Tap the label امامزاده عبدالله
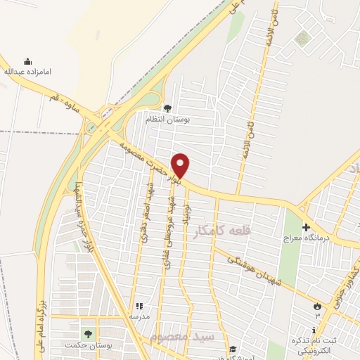28,72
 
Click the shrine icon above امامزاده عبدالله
28,61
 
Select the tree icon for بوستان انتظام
167,108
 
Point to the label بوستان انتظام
168,120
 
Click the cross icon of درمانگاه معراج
306,228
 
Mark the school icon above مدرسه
139,307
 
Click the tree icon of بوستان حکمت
88,333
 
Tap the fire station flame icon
317,306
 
